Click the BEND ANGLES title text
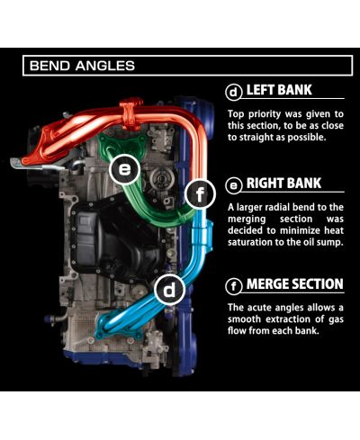(x=82, y=66)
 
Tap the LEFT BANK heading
(x=279, y=90)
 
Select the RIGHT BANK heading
(x=283, y=184)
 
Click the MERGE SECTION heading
(x=295, y=284)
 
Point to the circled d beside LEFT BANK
(x=234, y=93)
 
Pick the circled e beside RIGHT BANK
(x=234, y=185)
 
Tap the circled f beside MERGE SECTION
(x=234, y=286)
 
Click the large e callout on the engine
(x=124, y=169)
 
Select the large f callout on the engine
(x=200, y=193)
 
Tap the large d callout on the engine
(x=169, y=290)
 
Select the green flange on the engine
(x=124, y=144)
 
